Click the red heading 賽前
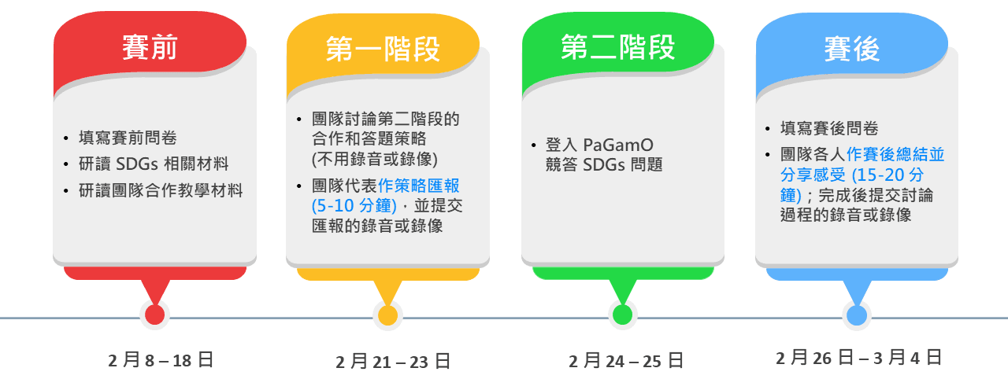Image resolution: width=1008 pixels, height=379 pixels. tap(150, 47)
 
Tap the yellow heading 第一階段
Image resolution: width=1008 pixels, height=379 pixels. tap(383, 49)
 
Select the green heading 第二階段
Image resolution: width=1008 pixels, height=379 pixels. tap(618, 47)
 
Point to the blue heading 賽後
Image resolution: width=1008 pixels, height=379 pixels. tap(852, 49)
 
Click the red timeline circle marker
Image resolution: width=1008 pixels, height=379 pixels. tap(155, 315)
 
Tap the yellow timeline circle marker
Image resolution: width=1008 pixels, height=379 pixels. tap(387, 315)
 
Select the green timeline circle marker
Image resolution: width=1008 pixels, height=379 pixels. tap(623, 315)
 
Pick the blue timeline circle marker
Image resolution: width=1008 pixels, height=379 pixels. tap(857, 315)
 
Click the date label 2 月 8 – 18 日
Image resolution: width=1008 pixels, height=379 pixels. tap(161, 360)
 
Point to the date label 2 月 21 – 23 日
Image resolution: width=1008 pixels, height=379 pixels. tap(393, 362)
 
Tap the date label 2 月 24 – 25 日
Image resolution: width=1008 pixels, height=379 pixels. tap(626, 361)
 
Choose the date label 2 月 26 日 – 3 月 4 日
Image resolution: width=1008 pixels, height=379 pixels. tap(858, 358)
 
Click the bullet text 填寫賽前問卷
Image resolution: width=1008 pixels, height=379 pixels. tap(128, 138)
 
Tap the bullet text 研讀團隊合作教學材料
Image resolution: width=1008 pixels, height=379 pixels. tap(161, 190)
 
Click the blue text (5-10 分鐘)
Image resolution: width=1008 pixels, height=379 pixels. tap(354, 206)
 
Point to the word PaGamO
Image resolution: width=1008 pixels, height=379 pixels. tap(618, 145)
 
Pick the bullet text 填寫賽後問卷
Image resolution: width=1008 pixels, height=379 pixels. tap(829, 128)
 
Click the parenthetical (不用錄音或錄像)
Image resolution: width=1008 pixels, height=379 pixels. tap(375, 159)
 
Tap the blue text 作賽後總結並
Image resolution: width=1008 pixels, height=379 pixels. tap(895, 154)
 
